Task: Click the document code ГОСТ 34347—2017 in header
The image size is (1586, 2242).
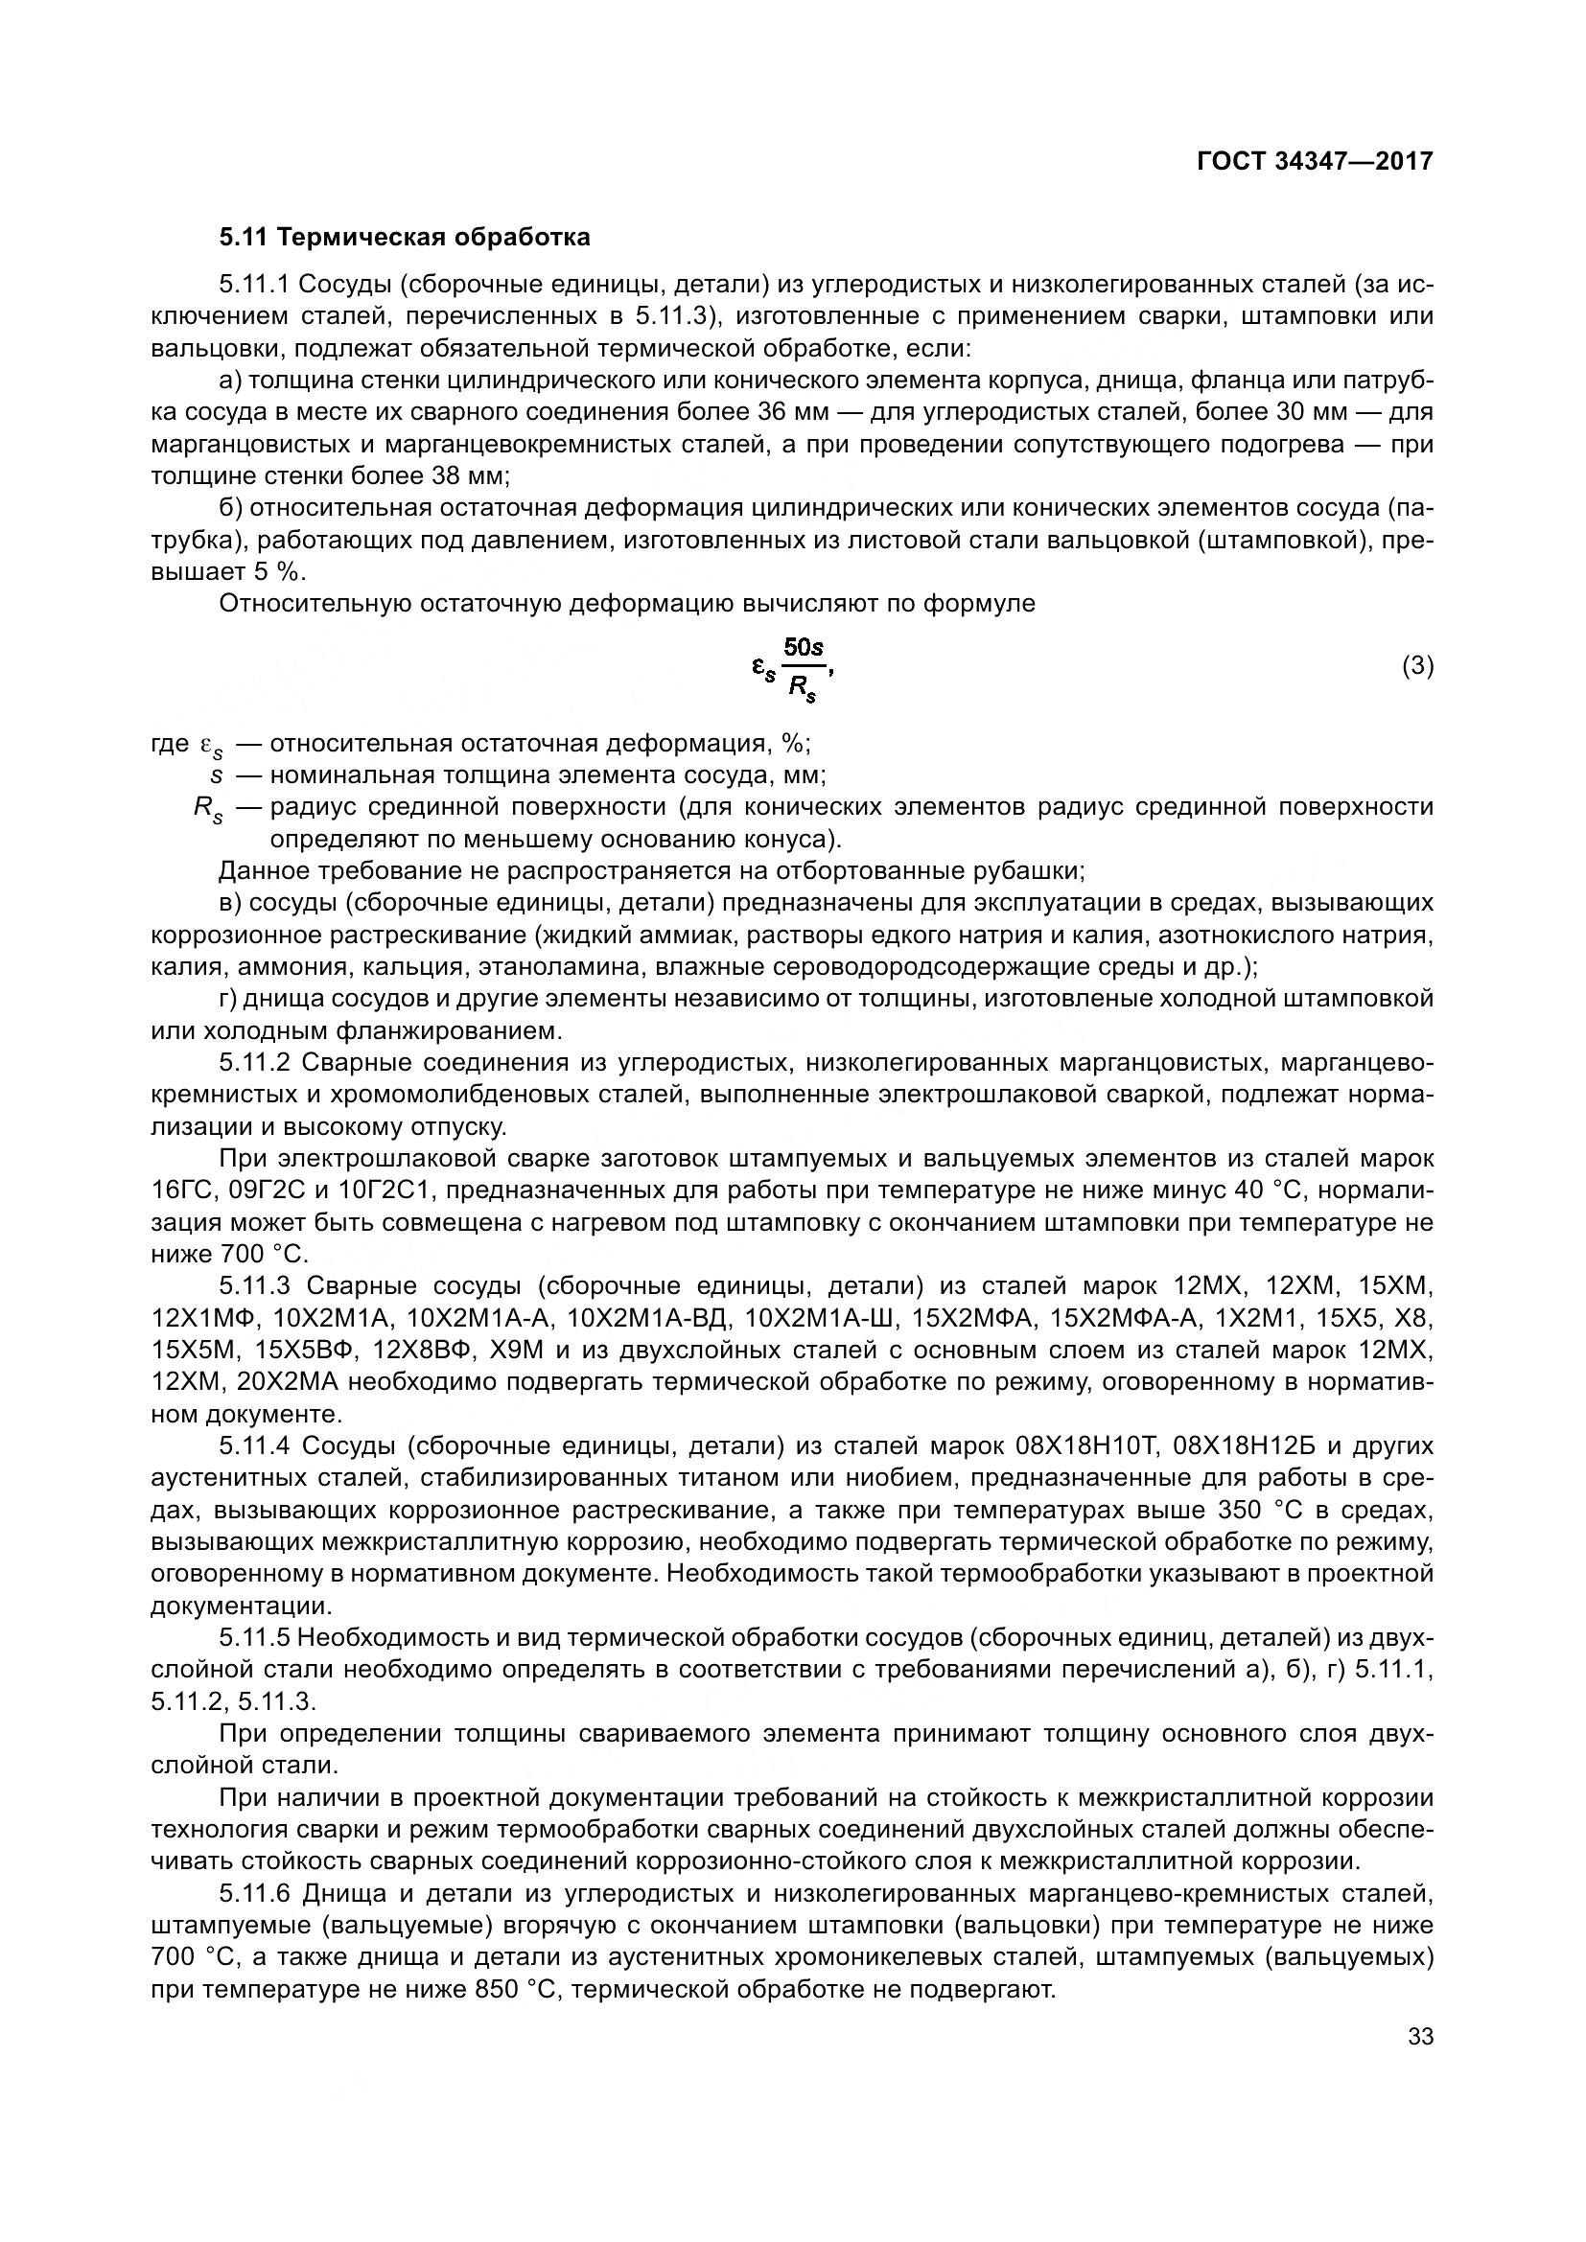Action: point(1315,162)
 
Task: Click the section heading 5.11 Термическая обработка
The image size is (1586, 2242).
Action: point(405,238)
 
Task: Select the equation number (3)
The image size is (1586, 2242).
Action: point(1417,666)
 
